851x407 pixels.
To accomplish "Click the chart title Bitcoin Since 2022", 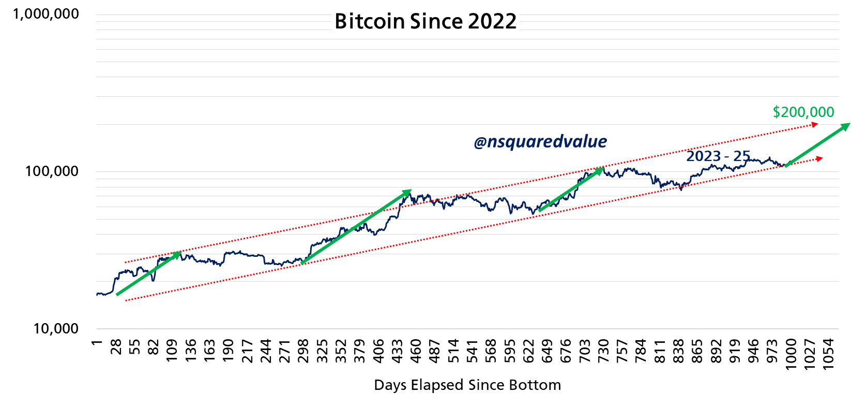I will (x=425, y=22).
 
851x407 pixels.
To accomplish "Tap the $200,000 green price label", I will (x=803, y=112).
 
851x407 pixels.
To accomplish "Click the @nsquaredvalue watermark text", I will (x=540, y=141).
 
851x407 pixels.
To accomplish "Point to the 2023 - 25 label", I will (x=718, y=156).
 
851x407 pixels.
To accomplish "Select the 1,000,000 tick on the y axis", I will (x=46, y=14).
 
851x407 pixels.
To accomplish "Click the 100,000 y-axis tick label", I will (x=52, y=171).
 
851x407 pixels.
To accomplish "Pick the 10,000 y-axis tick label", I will (x=56, y=328).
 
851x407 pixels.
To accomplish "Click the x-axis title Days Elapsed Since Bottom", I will (x=467, y=385).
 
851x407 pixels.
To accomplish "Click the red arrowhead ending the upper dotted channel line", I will (x=815, y=124).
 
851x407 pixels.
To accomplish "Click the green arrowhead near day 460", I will (x=408, y=192).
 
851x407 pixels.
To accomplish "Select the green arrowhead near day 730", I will (x=600, y=169).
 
